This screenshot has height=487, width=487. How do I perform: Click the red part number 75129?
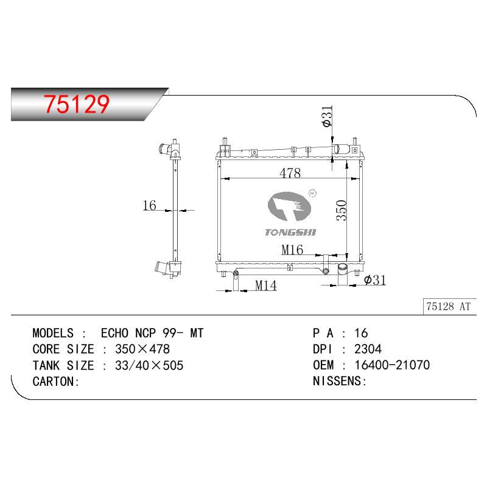77,103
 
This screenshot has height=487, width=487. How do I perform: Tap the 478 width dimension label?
290,173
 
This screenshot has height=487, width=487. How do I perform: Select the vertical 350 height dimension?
341,210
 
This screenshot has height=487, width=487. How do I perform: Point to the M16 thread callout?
292,250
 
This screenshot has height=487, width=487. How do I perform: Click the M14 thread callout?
266,286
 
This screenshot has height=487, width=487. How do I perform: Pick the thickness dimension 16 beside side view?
149,205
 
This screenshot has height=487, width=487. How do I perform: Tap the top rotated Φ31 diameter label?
328,116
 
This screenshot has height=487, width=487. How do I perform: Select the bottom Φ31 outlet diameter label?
375,280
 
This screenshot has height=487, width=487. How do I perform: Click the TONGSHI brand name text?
290,233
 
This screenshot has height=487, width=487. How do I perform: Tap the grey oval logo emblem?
289,206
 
